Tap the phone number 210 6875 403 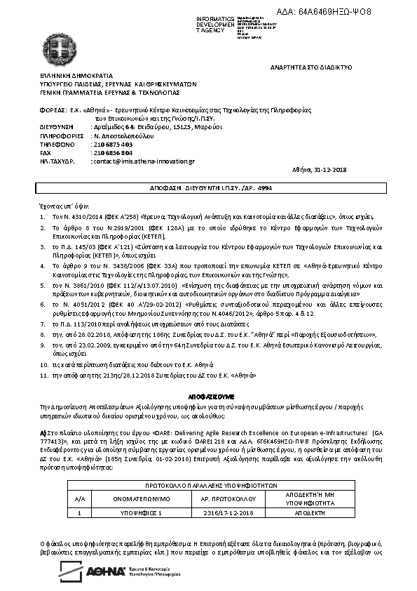[x=111, y=144]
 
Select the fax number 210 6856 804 [x=111, y=152]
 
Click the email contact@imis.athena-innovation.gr [x=143, y=161]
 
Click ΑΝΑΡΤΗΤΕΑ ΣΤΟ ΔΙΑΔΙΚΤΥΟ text [x=311, y=67]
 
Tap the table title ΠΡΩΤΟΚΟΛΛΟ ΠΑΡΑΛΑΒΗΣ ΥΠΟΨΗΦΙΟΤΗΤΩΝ [x=211, y=485]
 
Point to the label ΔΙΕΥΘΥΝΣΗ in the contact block [x=56, y=127]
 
